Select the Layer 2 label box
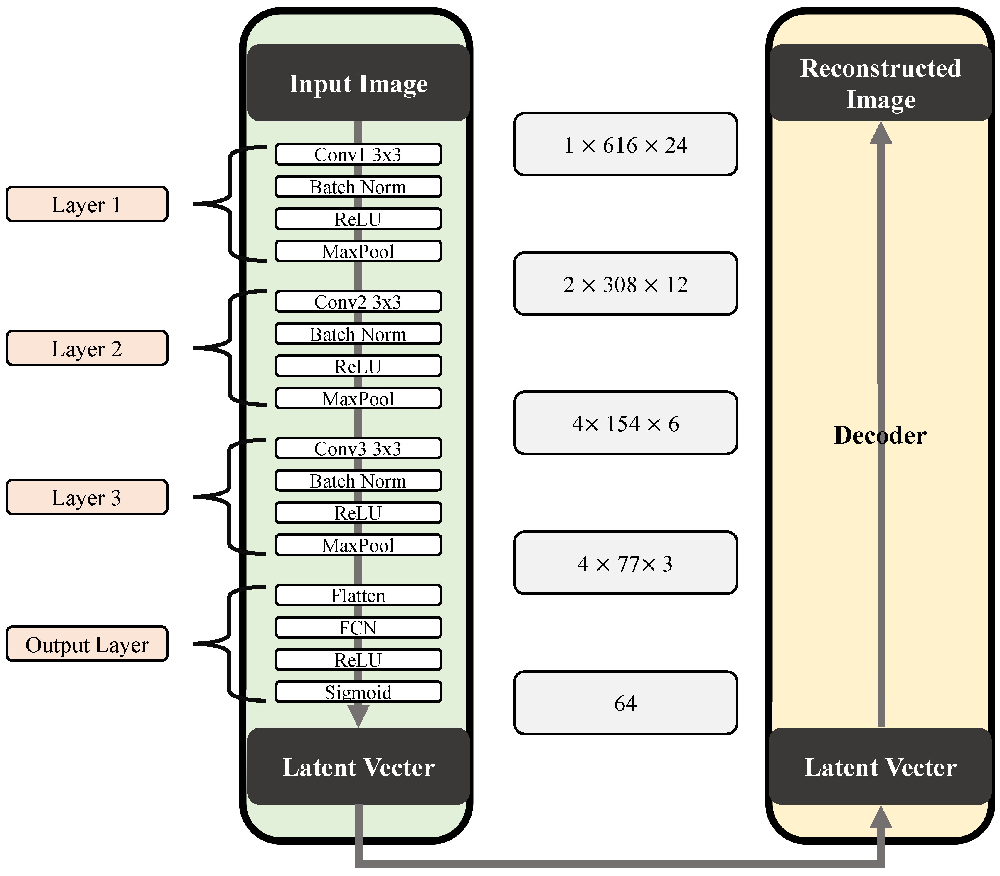click(87, 348)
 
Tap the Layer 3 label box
click(87, 497)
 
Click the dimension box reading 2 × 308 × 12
click(625, 284)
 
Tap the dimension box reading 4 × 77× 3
click(625, 563)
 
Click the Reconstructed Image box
click(880, 83)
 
